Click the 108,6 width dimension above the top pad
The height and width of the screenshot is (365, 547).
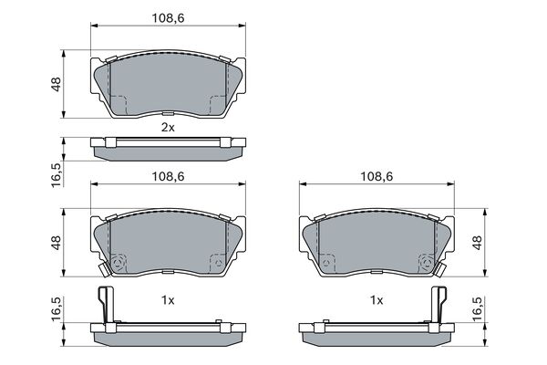click(168, 18)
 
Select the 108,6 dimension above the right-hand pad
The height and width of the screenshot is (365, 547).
click(377, 176)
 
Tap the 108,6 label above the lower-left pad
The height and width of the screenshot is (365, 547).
click(168, 176)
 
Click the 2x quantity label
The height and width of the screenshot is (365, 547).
click(168, 128)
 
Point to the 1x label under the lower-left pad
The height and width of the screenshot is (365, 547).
click(168, 300)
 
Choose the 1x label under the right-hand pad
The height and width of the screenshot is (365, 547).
click(377, 300)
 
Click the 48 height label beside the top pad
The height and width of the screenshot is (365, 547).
click(57, 84)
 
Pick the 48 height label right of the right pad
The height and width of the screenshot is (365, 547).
click(477, 243)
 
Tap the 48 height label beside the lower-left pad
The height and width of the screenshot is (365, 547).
click(57, 243)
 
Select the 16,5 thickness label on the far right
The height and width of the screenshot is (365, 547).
click(477, 308)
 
